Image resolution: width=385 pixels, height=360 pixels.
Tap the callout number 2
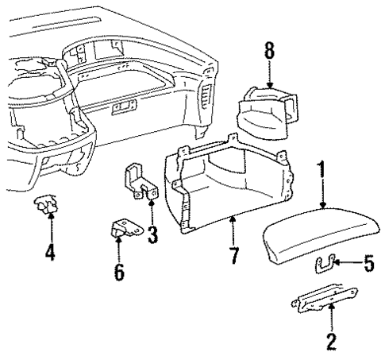point(331,343)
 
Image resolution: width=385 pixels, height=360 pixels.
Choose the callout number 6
point(121,272)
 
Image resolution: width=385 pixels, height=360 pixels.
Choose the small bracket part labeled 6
point(124,230)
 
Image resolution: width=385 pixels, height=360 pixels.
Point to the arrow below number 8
point(271,75)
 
